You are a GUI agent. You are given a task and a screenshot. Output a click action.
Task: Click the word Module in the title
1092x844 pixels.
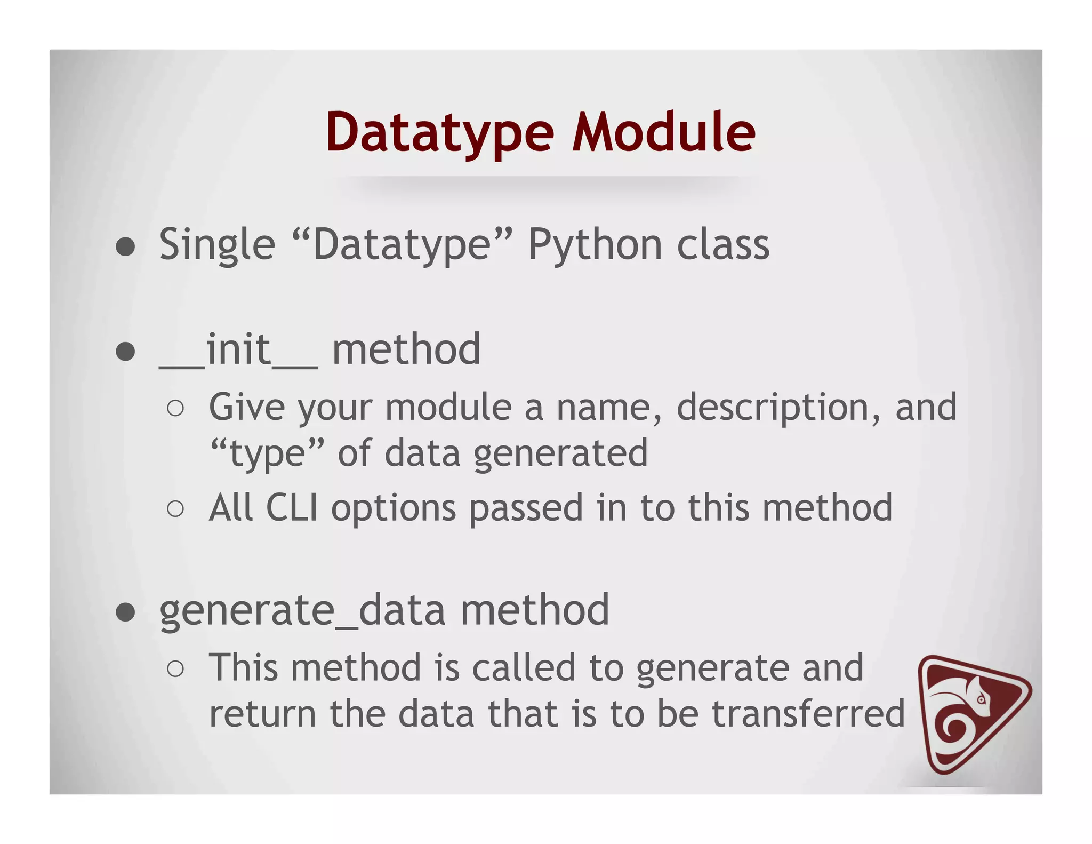(x=663, y=132)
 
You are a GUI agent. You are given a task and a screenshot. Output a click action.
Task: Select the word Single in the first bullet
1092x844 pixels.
(x=217, y=245)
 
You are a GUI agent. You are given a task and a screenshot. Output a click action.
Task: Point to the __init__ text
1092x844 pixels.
(x=238, y=350)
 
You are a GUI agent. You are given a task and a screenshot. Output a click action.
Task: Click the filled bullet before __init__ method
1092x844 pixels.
(x=125, y=351)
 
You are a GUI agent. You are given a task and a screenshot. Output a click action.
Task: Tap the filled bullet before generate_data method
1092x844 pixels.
(x=125, y=612)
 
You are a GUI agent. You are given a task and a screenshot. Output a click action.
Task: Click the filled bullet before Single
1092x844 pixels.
(x=125, y=247)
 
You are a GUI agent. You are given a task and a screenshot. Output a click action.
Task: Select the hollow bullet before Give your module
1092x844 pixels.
(x=175, y=409)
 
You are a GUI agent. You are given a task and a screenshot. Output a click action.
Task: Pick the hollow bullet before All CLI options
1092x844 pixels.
(x=175, y=509)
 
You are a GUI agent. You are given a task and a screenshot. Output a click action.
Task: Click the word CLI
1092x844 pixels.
(x=292, y=507)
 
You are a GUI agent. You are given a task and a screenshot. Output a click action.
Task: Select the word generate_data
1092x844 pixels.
(x=302, y=610)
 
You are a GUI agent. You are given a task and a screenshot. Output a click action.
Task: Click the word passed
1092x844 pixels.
(x=526, y=508)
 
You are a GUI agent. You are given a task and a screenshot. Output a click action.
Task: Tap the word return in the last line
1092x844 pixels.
(x=262, y=714)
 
